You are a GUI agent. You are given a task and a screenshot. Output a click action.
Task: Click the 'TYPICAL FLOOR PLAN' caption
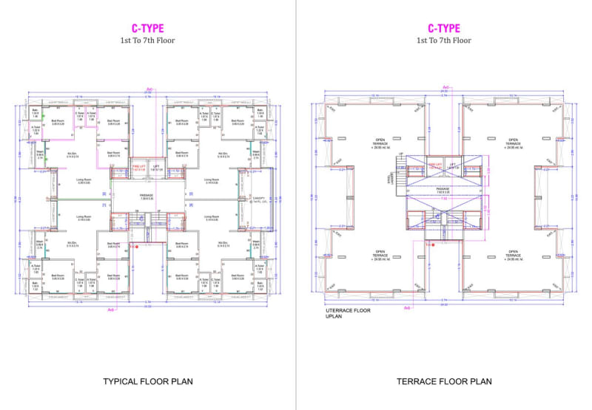pyautogui.click(x=148, y=382)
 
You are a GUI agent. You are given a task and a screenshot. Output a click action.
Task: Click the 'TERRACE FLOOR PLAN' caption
pyautogui.click(x=444, y=382)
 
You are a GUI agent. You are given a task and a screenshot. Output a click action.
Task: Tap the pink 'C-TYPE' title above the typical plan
pyautogui.click(x=148, y=29)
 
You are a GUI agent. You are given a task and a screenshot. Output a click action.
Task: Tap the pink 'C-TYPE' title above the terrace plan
pyautogui.click(x=444, y=29)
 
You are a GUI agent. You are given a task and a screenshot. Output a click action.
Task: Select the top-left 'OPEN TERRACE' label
pyautogui.click(x=380, y=144)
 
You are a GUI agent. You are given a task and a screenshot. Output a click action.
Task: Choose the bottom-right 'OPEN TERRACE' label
pyautogui.click(x=513, y=255)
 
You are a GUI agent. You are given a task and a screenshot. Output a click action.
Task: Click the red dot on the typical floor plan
pyautogui.click(x=135, y=245)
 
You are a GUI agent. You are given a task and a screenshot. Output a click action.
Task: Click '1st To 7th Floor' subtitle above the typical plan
pyautogui.click(x=148, y=41)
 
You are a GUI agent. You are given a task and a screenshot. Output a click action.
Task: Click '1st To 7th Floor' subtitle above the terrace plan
pyautogui.click(x=444, y=41)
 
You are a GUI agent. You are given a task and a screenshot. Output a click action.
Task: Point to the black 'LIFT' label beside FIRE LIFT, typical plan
pyautogui.click(x=156, y=168)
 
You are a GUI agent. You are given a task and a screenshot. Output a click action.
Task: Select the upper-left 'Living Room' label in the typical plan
pyautogui.click(x=83, y=180)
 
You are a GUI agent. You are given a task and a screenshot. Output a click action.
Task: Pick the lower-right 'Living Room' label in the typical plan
pyautogui.click(x=212, y=218)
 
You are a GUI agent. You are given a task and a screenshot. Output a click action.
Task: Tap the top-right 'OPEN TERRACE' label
pyautogui.click(x=513, y=144)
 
